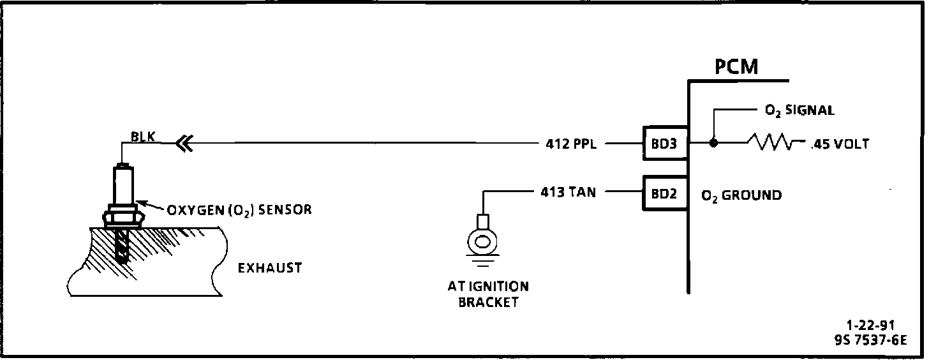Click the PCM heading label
click(736, 66)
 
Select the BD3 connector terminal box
click(664, 144)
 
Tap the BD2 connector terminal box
click(664, 192)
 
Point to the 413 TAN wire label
click(567, 191)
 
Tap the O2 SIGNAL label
click(799, 110)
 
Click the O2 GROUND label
click(741, 195)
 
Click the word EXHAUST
click(270, 268)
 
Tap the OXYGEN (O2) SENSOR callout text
click(239, 209)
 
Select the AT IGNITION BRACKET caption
click(488, 294)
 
